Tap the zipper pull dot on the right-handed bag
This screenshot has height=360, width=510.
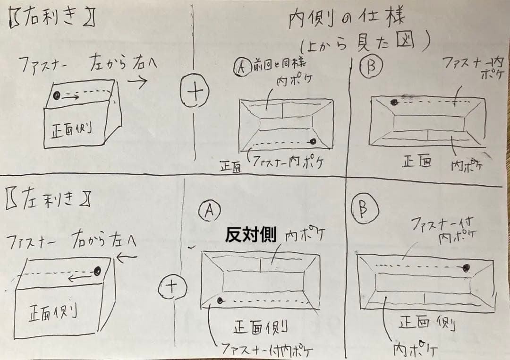coord(57,96)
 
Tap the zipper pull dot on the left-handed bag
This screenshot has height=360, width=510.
coord(98,271)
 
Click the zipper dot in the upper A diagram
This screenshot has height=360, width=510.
coord(313,141)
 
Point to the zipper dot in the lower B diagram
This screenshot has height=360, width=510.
coord(467,268)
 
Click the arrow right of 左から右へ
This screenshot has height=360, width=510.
coord(137,81)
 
